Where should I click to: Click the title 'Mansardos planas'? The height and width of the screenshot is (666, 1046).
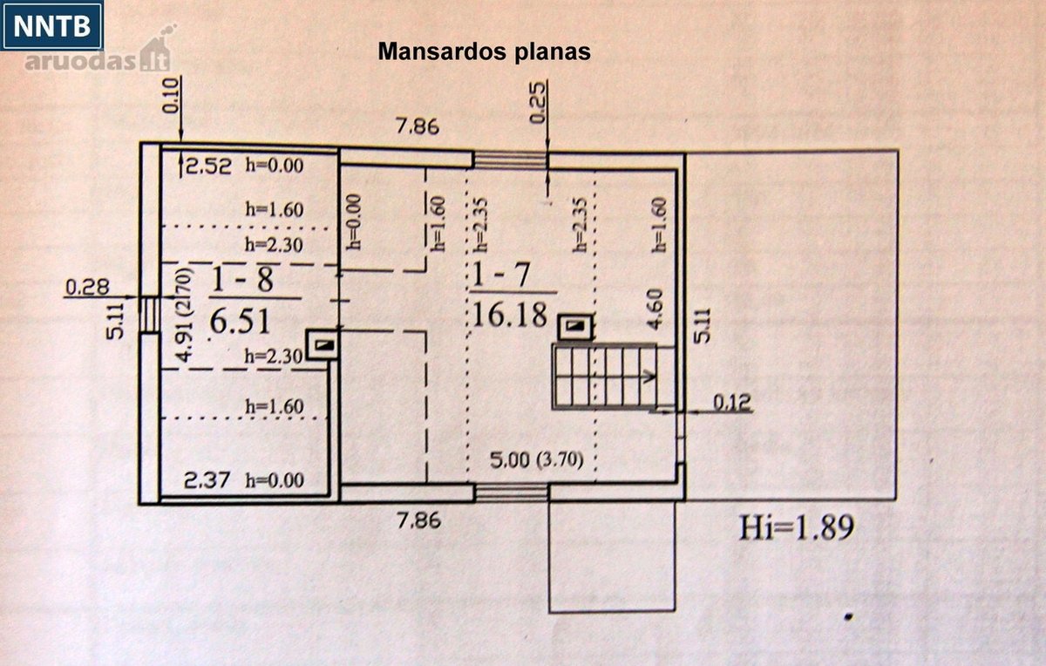(x=484, y=51)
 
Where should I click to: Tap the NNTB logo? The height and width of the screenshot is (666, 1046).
(x=51, y=25)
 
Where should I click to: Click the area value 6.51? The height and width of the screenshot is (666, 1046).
(x=240, y=321)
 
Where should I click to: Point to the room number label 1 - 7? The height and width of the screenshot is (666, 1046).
(x=501, y=274)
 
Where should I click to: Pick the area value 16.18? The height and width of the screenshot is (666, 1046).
(x=509, y=315)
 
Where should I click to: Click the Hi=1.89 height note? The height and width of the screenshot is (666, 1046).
(x=796, y=527)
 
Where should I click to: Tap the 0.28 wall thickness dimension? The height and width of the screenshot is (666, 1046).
(x=87, y=287)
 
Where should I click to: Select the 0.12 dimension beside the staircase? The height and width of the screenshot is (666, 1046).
(x=731, y=402)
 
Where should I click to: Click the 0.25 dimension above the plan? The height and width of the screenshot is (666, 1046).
(x=538, y=102)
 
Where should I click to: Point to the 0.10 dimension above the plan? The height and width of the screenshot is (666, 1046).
(x=171, y=96)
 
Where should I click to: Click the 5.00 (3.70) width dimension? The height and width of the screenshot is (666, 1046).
(x=537, y=460)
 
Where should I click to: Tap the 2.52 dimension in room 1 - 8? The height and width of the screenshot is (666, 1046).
(x=208, y=166)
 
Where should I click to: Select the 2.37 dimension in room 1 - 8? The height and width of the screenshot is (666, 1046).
(x=207, y=480)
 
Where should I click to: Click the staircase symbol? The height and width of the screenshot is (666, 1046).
(x=605, y=377)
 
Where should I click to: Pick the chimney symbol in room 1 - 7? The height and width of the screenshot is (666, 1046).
(x=576, y=327)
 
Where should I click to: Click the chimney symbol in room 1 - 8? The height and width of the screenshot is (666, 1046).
(x=323, y=344)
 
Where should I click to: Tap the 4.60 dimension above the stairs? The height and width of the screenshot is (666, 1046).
(x=656, y=309)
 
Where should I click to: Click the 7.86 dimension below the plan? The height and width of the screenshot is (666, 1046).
(x=418, y=520)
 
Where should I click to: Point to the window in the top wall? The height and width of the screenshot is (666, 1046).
(x=511, y=160)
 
